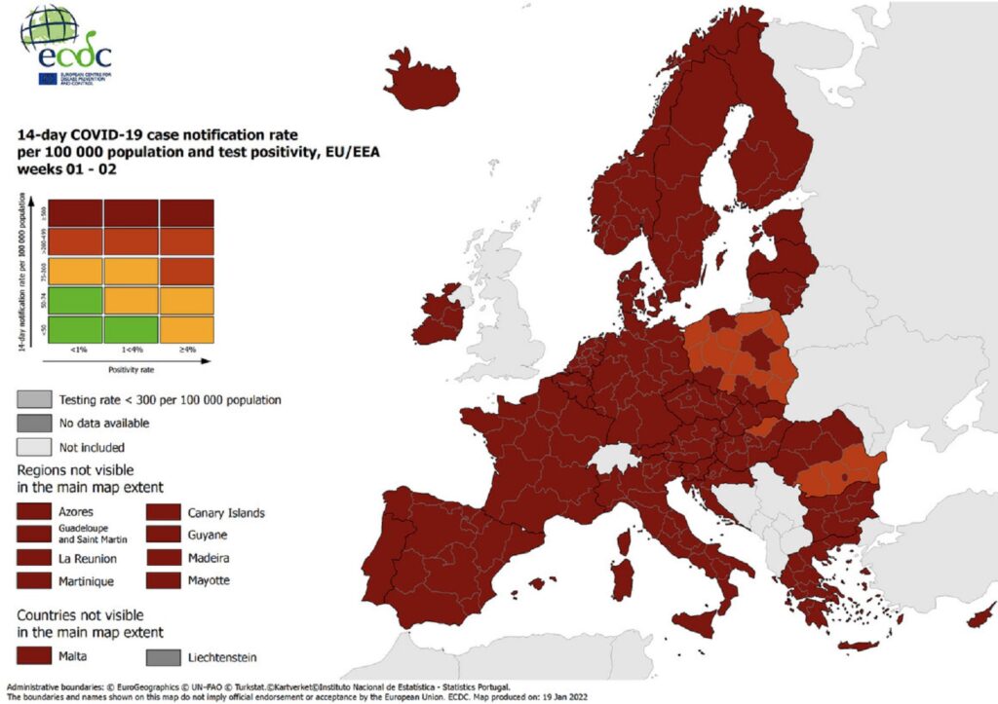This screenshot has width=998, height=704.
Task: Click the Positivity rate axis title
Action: click(x=130, y=369)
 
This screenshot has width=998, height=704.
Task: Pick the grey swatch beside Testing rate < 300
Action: click(x=32, y=399)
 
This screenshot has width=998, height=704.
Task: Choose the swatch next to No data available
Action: click(x=32, y=423)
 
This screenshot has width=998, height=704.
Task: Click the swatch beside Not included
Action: click(x=32, y=447)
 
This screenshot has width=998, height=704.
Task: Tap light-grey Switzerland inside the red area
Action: click(x=618, y=457)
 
